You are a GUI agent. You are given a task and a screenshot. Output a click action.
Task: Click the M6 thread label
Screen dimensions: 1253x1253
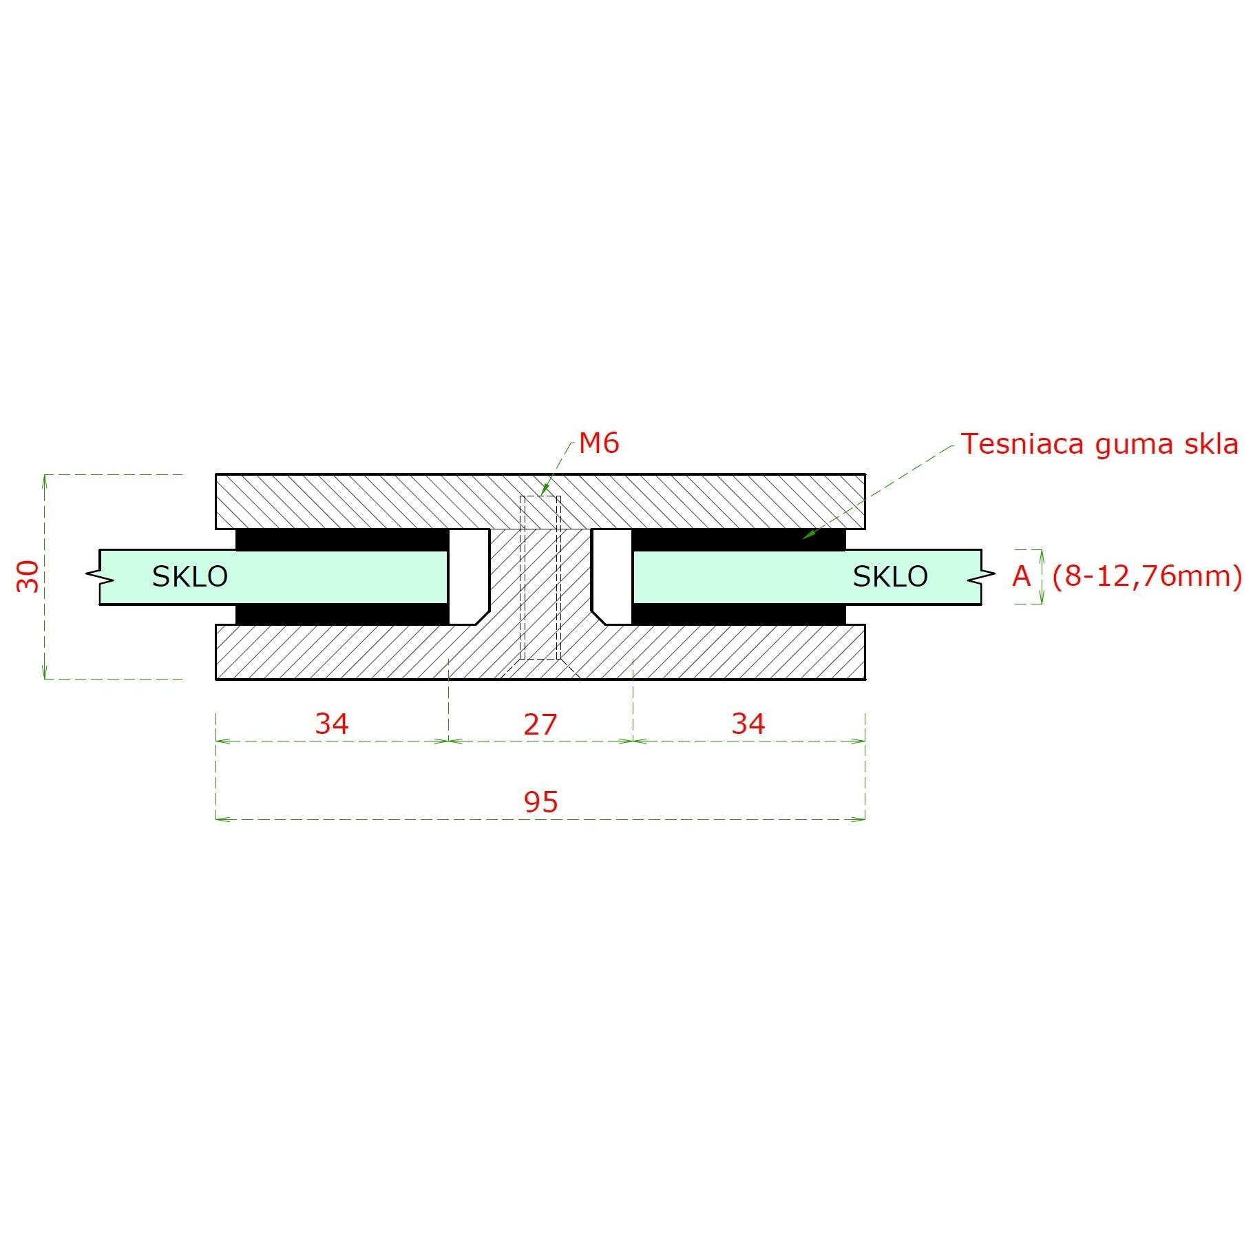(x=599, y=443)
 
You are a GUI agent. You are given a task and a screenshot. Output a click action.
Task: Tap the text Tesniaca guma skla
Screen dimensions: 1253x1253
(x=1099, y=445)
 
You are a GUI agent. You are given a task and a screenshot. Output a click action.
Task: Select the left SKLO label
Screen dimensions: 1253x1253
(x=190, y=577)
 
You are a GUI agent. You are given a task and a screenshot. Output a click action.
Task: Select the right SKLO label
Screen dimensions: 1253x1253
(x=890, y=577)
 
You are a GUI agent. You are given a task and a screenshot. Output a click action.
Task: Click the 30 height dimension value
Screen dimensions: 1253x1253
(x=28, y=576)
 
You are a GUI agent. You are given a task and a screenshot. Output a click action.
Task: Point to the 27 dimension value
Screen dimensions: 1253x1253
(x=540, y=725)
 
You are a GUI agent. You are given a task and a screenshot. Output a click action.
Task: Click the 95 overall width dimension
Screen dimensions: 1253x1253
(x=540, y=802)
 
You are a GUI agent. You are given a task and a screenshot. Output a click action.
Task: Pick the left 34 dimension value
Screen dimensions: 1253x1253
(x=332, y=724)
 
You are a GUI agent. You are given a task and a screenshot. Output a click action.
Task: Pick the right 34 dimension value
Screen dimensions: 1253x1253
(x=748, y=724)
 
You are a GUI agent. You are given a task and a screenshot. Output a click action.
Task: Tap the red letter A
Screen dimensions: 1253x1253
(x=1022, y=576)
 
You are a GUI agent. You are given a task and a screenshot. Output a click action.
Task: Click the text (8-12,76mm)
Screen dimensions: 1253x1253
(x=1148, y=576)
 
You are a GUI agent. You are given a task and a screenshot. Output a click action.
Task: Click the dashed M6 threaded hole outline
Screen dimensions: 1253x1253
(x=540, y=578)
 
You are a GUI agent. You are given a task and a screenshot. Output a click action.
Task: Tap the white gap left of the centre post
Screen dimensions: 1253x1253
(x=469, y=577)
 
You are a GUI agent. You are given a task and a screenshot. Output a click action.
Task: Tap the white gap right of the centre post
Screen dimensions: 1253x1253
(x=611, y=577)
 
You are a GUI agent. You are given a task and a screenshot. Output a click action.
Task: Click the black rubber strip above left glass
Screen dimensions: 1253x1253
(x=342, y=540)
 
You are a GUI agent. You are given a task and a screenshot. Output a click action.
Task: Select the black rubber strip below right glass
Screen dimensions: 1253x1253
(x=739, y=614)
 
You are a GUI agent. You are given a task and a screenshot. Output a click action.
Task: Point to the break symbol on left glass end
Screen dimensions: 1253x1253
(x=101, y=577)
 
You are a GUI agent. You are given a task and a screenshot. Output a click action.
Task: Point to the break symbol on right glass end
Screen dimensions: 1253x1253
(x=981, y=577)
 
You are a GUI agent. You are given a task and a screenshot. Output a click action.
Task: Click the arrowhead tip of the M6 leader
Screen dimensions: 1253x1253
(x=542, y=496)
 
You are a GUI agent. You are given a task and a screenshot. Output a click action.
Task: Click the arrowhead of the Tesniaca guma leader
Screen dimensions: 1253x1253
(x=802, y=539)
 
